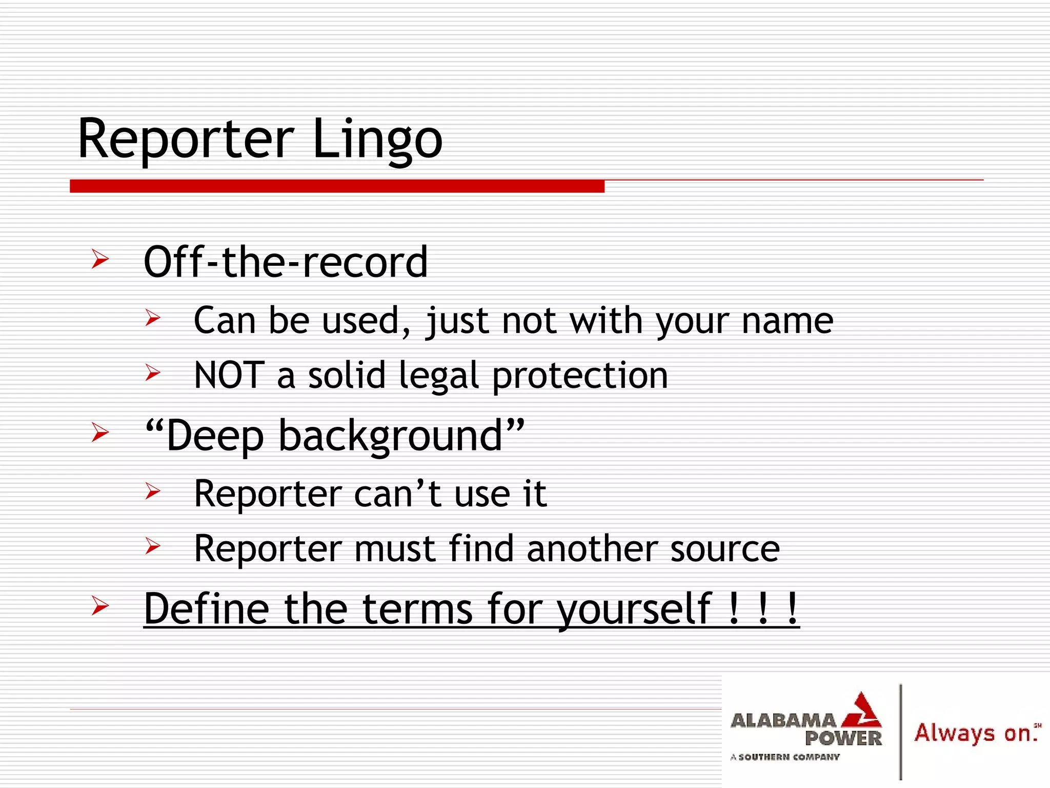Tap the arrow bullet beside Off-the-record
click(x=100, y=259)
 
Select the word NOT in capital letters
click(x=229, y=375)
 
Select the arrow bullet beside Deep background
click(x=100, y=432)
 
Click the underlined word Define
click(x=207, y=608)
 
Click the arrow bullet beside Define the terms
click(x=100, y=606)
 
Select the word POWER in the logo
click(x=843, y=739)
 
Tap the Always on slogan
click(x=974, y=733)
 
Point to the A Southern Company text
click(x=785, y=757)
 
